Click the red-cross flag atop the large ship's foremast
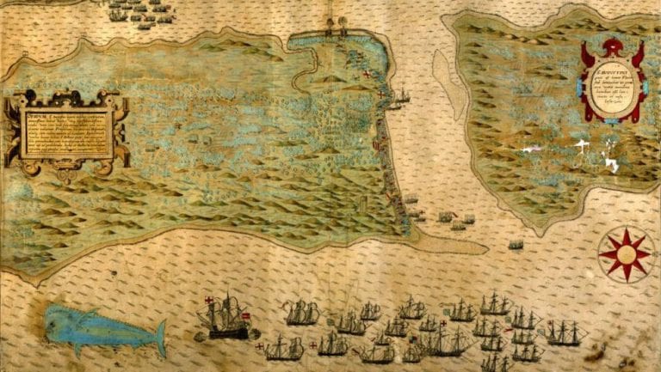[x=209, y=301]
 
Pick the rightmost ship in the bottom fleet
[x=564, y=332]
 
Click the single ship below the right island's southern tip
[x=516, y=245]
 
